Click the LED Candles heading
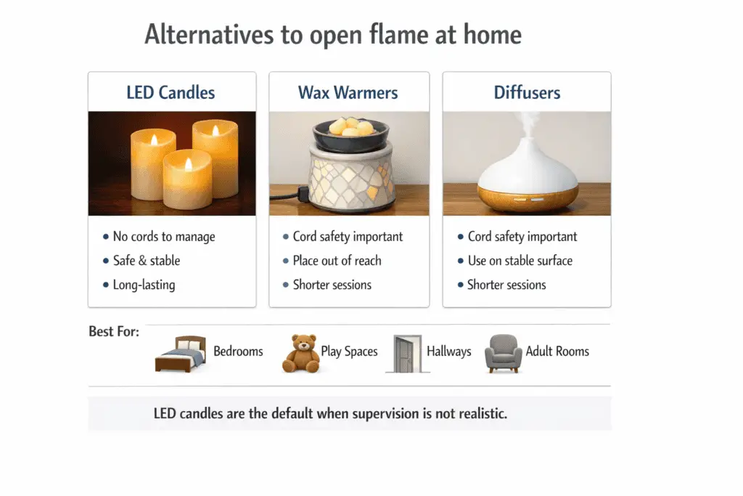(171, 93)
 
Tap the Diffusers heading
(527, 93)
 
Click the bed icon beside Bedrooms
(181, 354)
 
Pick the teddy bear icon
(301, 353)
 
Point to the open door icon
(407, 354)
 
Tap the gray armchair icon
(503, 354)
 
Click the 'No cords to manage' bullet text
(164, 237)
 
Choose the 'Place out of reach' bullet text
(337, 261)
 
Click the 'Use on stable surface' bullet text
(520, 261)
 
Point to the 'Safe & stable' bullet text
(147, 261)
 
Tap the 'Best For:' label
(114, 332)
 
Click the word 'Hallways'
(448, 351)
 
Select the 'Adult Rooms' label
(557, 351)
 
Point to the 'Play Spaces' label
(349, 351)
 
